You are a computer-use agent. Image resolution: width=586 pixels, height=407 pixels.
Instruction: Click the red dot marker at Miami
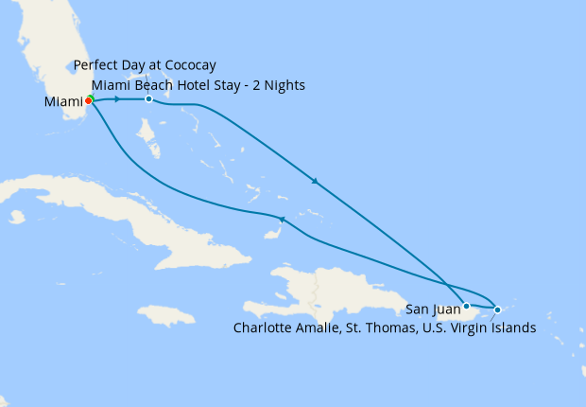point(88,99)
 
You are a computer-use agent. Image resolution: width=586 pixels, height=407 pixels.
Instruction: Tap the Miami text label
point(62,101)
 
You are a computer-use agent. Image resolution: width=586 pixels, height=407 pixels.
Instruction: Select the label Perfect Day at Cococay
point(146,65)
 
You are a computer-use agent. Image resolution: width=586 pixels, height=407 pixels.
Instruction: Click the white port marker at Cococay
point(148,99)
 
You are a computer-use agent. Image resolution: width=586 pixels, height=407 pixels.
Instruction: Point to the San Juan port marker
point(466,306)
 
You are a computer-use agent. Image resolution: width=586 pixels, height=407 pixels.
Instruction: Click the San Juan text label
point(434,309)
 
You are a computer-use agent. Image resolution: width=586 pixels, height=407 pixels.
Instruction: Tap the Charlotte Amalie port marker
point(498,310)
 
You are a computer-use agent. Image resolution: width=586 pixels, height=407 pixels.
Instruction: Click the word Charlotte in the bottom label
point(264,328)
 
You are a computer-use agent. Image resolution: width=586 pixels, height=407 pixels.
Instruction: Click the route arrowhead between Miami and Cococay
point(117,99)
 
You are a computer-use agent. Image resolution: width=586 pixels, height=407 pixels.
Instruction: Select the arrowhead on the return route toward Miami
point(281,220)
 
